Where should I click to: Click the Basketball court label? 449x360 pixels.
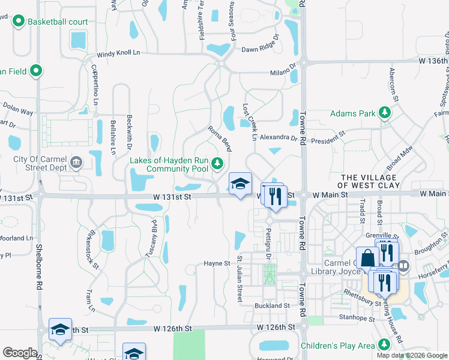(58, 22)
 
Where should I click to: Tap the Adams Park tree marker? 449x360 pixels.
(385, 113)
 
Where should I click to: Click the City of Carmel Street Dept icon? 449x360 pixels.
(76, 162)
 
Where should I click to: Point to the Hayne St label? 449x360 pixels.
(217, 263)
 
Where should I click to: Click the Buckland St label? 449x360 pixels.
(272, 305)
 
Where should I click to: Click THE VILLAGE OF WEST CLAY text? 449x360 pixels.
(368, 182)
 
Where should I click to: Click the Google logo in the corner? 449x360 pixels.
(20, 353)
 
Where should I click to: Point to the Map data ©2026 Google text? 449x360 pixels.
(412, 355)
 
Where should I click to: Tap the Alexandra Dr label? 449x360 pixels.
(279, 137)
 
